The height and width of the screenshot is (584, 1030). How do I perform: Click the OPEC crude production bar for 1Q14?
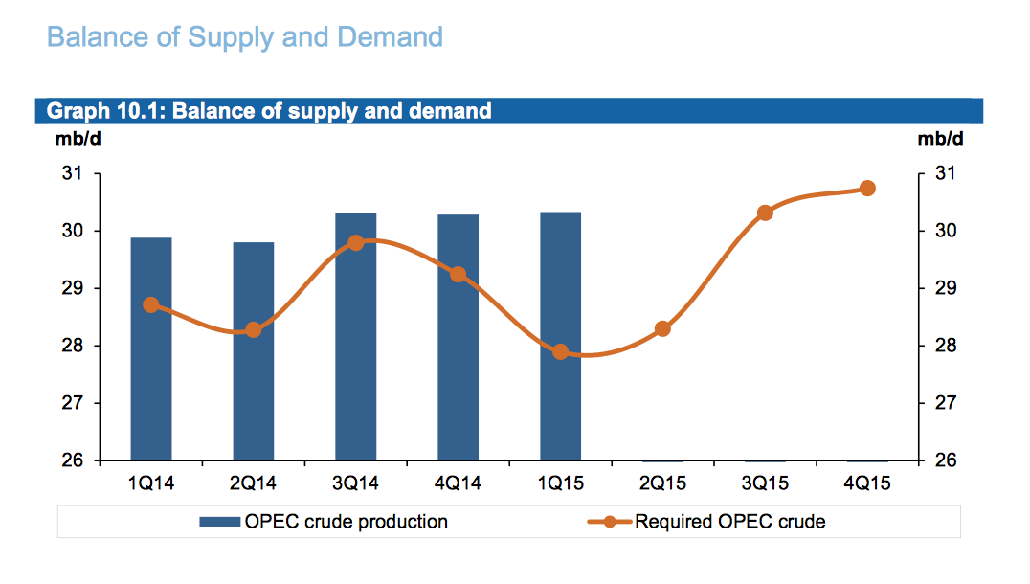(151, 349)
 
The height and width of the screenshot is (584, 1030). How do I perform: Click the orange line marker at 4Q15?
(867, 189)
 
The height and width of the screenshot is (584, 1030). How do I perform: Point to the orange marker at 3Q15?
(765, 213)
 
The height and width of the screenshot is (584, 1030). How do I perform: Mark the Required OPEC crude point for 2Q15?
(662, 329)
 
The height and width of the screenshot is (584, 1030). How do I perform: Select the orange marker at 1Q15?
(561, 352)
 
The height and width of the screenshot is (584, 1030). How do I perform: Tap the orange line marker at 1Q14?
(151, 305)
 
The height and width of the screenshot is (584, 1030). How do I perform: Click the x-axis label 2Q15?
(662, 483)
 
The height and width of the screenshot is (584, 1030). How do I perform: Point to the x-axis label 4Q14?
(459, 483)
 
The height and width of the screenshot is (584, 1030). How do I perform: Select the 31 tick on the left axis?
(73, 174)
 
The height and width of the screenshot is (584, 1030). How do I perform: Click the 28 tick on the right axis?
(943, 346)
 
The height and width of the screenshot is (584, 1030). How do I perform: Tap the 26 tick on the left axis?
(73, 460)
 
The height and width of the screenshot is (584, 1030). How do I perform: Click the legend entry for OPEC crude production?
(324, 523)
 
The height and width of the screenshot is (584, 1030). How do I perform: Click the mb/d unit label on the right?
(940, 140)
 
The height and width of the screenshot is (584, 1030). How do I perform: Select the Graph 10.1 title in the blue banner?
(269, 111)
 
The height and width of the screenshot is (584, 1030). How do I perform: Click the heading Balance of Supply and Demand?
(245, 37)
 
